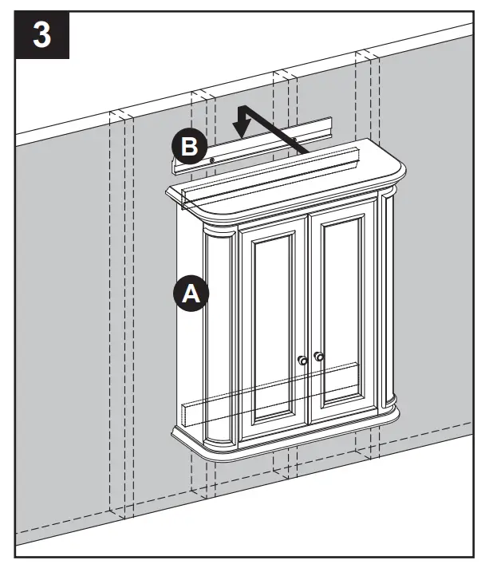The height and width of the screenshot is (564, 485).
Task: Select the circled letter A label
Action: click(190, 293)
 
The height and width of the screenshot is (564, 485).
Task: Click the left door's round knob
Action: click(302, 361)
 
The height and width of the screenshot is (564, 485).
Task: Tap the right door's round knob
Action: click(319, 357)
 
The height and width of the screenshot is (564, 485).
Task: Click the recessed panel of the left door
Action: click(272, 323)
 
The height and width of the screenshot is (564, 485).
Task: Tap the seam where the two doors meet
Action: click(310, 319)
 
